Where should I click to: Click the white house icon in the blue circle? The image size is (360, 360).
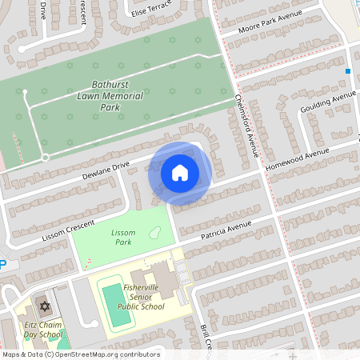tap(180, 172)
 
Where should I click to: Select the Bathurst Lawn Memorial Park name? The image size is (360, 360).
tap(110, 95)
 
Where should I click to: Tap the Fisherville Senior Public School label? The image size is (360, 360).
tap(141, 297)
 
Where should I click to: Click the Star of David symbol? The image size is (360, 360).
tap(43, 307)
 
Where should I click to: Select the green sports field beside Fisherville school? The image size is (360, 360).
tap(118, 304)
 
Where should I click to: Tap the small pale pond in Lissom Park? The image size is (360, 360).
tap(155, 234)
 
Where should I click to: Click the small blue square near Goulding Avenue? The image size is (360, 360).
tap(348, 71)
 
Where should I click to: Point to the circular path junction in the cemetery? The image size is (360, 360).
tap(46, 158)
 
